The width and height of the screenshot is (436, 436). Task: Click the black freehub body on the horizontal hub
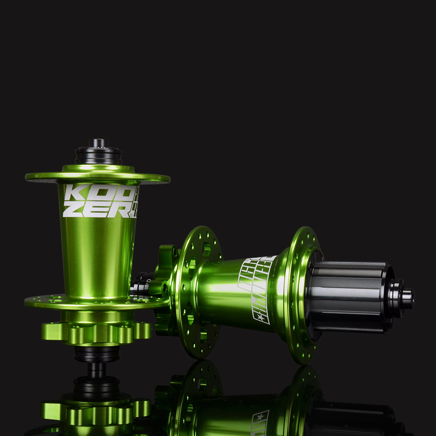point(349,296)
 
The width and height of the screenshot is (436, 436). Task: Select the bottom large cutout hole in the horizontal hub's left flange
point(203,336)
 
